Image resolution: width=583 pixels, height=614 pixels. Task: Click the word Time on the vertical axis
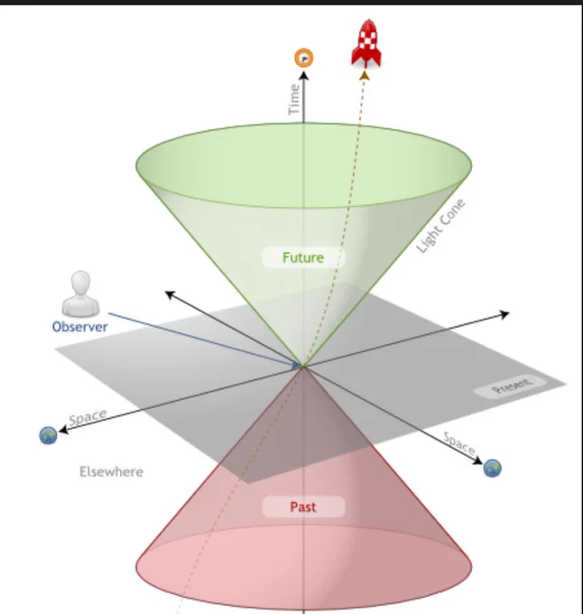pyautogui.click(x=293, y=99)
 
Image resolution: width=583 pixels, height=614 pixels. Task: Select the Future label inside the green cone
pyautogui.click(x=302, y=257)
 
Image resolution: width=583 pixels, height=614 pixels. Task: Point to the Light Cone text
pyautogui.click(x=441, y=226)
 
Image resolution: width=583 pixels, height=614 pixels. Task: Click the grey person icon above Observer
pyautogui.click(x=80, y=294)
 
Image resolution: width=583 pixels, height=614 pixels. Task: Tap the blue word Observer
pyautogui.click(x=79, y=327)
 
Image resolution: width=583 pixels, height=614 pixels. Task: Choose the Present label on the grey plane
pyautogui.click(x=512, y=388)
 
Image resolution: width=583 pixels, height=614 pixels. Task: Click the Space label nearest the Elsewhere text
pyautogui.click(x=88, y=418)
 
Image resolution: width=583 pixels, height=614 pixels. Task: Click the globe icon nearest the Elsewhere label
pyautogui.click(x=48, y=435)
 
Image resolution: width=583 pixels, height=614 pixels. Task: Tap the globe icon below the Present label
pyautogui.click(x=493, y=468)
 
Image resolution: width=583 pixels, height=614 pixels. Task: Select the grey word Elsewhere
pyautogui.click(x=111, y=471)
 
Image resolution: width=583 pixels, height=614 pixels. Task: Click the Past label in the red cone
pyautogui.click(x=303, y=507)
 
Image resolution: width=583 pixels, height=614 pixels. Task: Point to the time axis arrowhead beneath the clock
pyautogui.click(x=304, y=76)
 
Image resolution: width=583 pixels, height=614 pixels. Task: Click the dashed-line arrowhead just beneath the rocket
pyautogui.click(x=364, y=77)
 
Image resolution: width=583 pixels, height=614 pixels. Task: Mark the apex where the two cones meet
pyautogui.click(x=302, y=366)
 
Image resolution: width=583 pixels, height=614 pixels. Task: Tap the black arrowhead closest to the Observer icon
pyautogui.click(x=168, y=294)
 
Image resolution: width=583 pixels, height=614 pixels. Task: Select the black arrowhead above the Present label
pyautogui.click(x=505, y=314)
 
